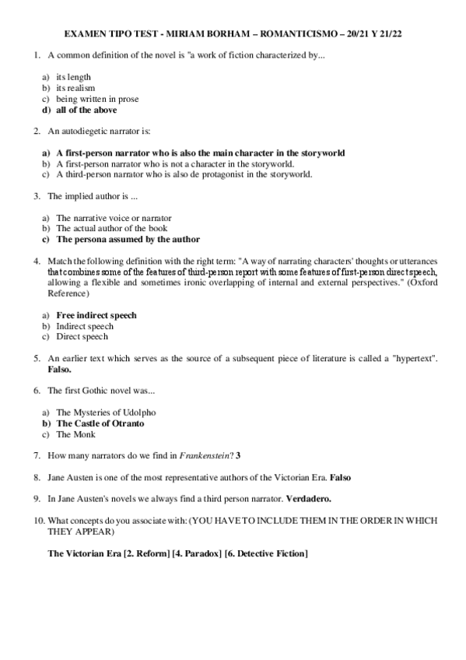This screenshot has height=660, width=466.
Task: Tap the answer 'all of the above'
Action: [86, 110]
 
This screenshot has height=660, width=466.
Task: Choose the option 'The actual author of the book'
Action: [111, 229]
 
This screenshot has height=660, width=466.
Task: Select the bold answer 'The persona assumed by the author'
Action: [128, 240]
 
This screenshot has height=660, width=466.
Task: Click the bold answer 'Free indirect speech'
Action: [96, 315]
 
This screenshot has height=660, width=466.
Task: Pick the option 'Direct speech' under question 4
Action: [82, 337]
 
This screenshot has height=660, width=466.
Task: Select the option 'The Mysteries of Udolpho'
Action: [105, 412]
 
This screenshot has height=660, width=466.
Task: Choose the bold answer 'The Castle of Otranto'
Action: [100, 423]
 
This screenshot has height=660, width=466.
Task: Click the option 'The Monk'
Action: [75, 434]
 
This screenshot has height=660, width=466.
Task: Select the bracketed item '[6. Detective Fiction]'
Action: [265, 553]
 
